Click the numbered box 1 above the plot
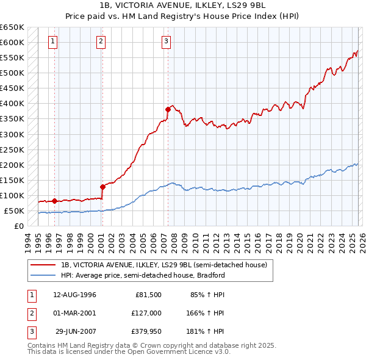pos(53,41)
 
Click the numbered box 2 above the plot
pos(101,41)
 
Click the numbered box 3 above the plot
pos(166,41)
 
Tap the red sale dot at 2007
pos(168,110)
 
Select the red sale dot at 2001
pos(102,187)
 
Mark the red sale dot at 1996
pos(55,201)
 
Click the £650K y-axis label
pos(12,27)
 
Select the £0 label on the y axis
pos(20,226)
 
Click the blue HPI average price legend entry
pos(143,275)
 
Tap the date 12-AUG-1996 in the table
pos(74,295)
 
